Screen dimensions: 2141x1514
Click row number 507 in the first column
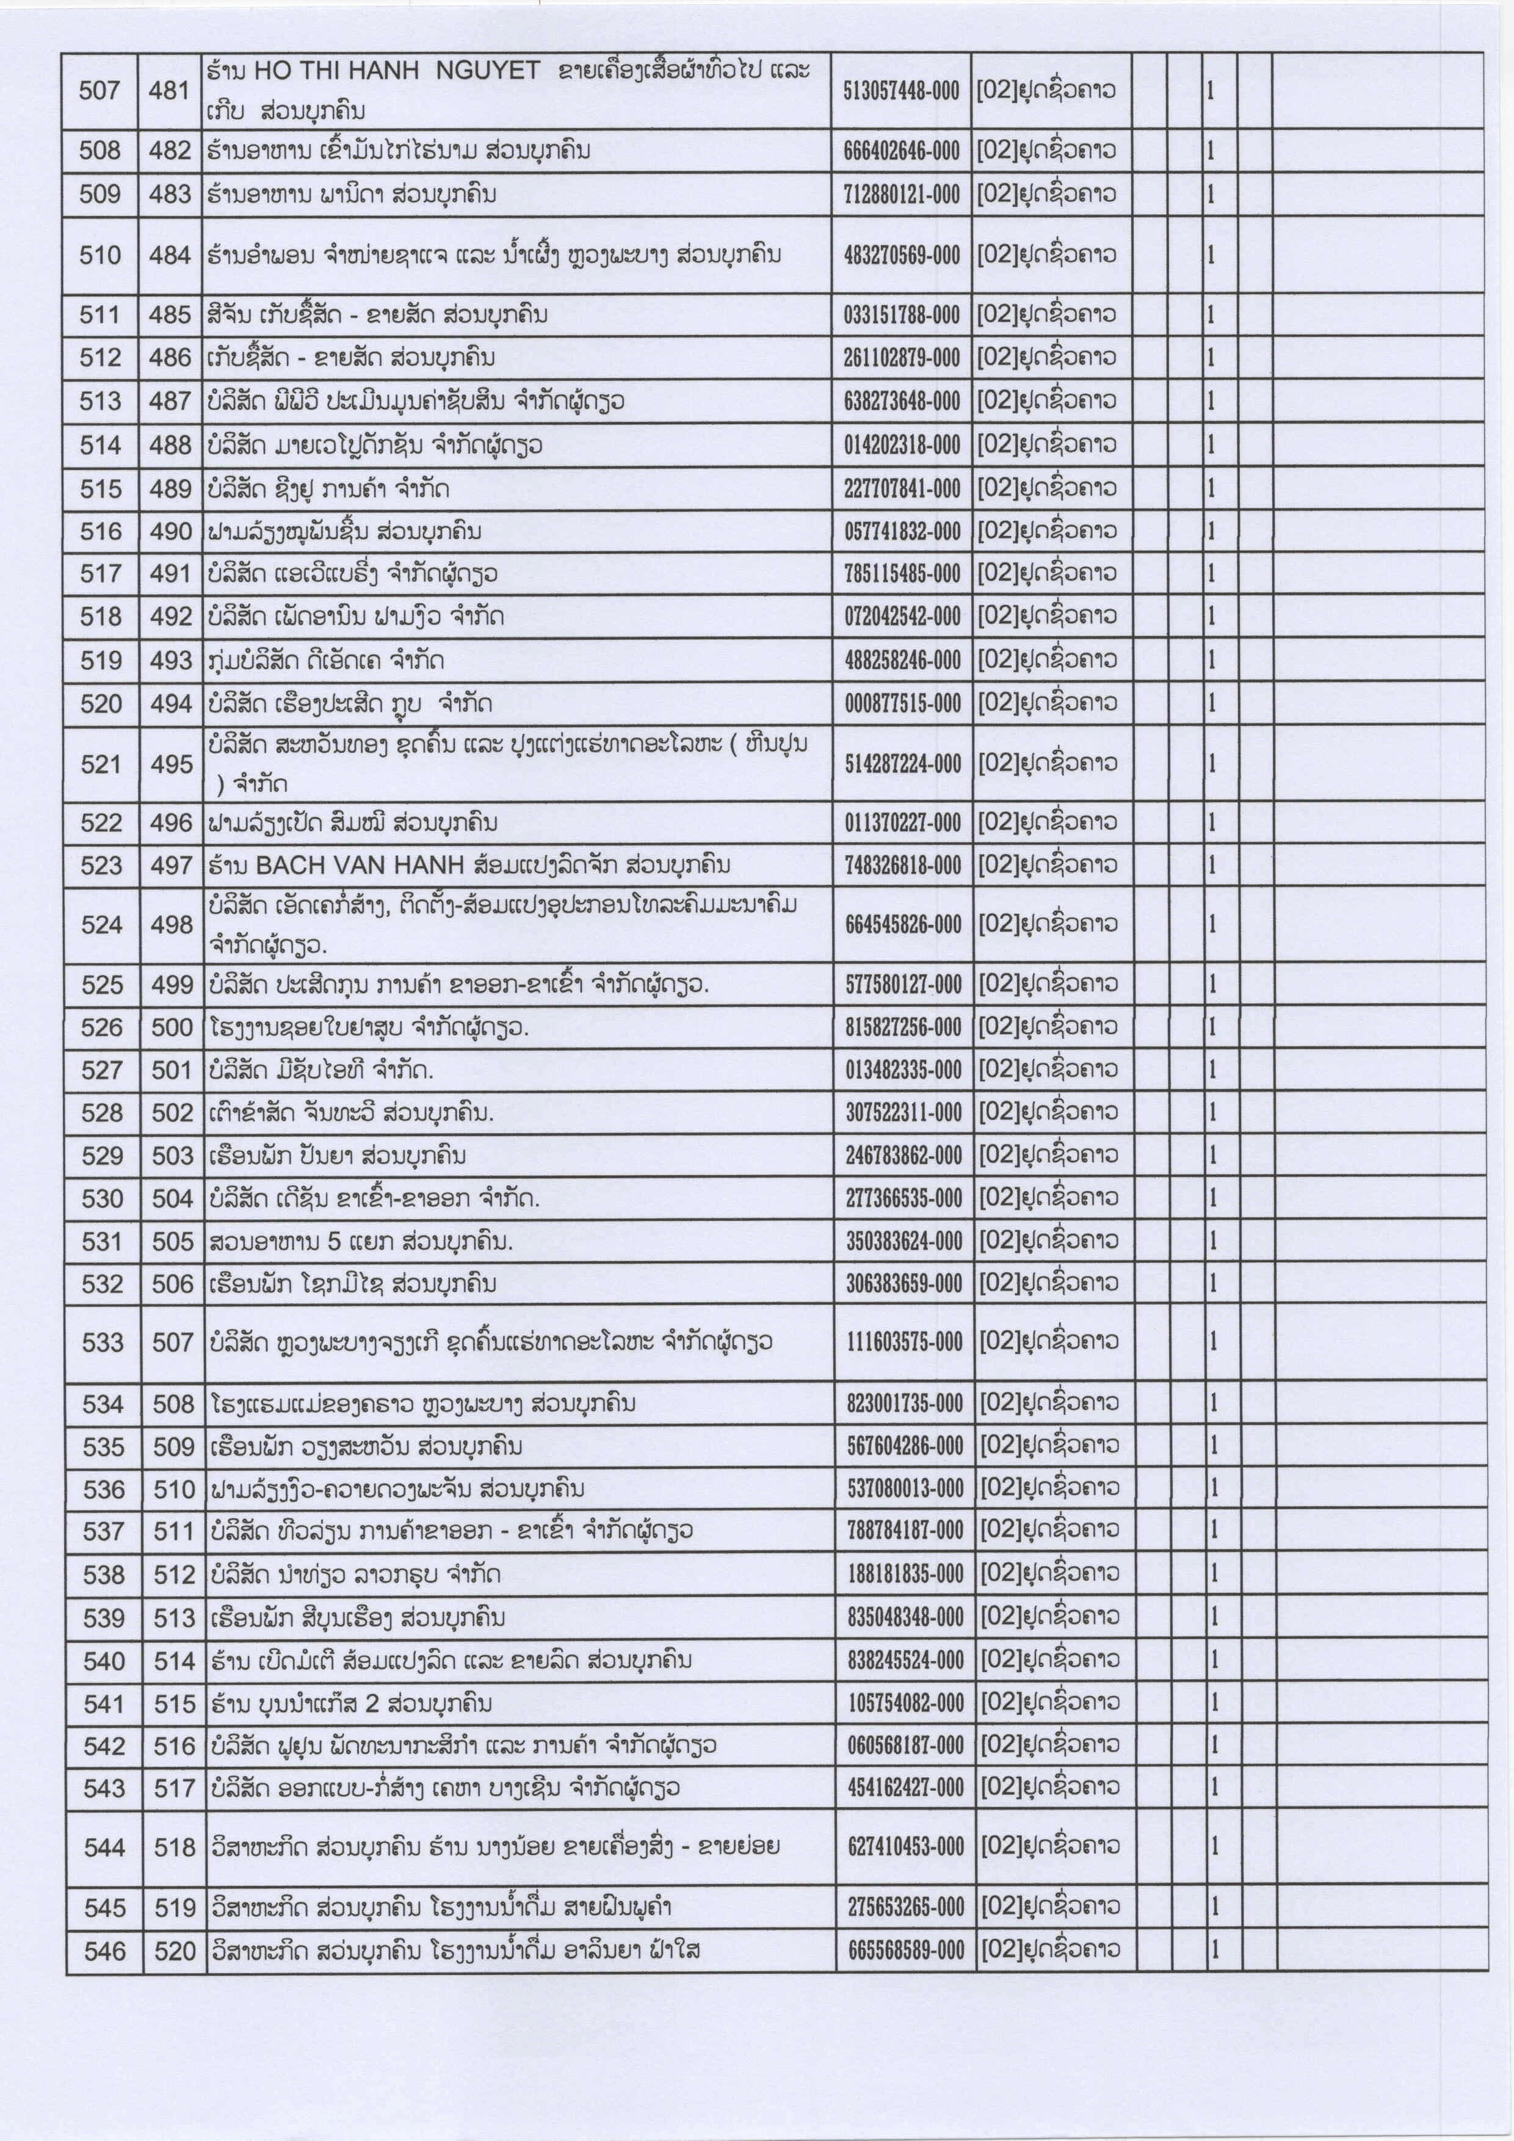[x=100, y=90]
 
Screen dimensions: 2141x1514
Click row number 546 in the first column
[x=104, y=1950]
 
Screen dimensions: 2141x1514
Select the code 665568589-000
[x=905, y=1950]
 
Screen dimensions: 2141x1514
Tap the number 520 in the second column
[x=175, y=1950]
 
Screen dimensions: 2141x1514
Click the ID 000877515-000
[x=902, y=704]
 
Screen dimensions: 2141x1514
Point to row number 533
[x=103, y=1343]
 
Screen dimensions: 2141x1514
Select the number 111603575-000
[x=904, y=1343]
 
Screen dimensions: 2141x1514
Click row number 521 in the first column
[x=101, y=764]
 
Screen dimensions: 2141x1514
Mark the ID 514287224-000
[x=902, y=764]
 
